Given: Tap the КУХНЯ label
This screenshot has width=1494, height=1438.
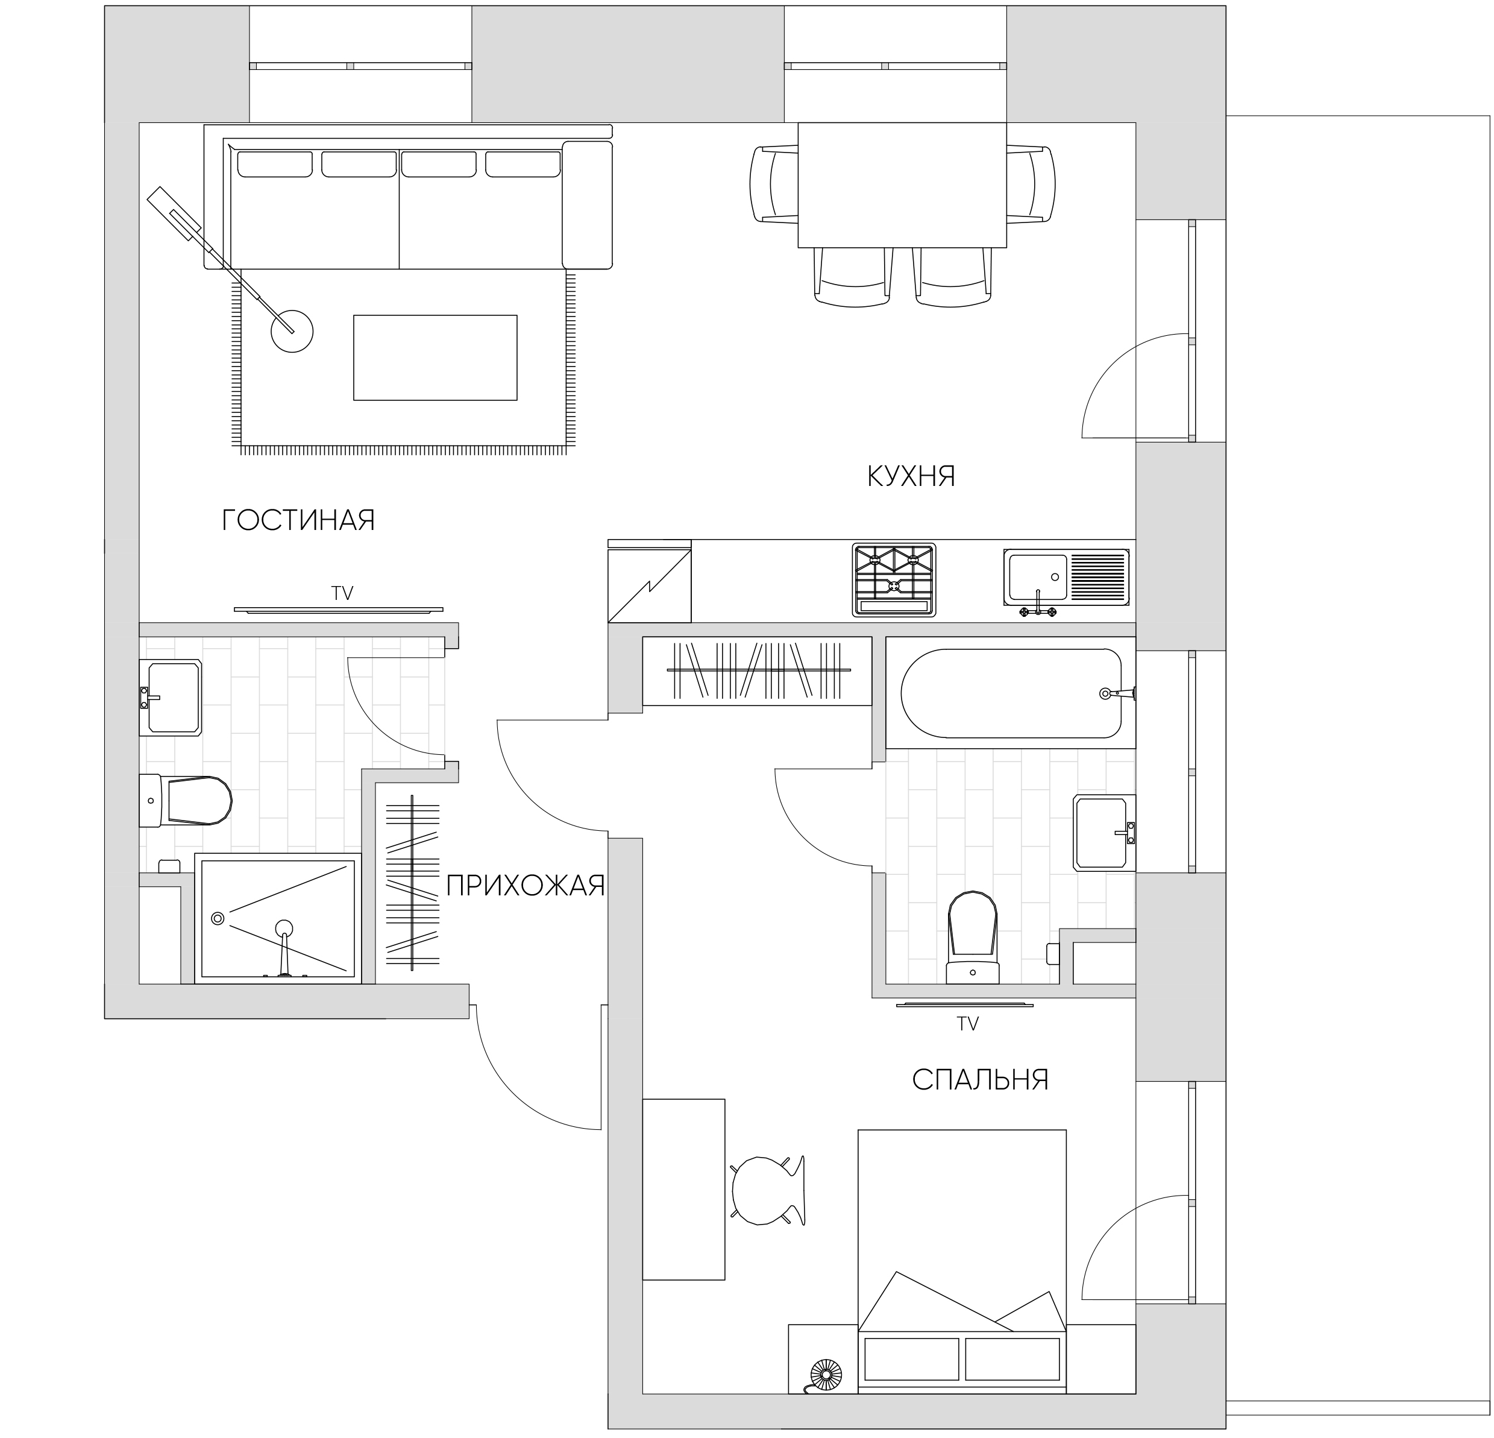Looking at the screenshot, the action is (x=911, y=476).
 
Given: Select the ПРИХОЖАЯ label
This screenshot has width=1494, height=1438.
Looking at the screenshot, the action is (x=525, y=885).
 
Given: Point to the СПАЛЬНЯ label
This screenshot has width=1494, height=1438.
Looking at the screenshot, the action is (x=981, y=1080).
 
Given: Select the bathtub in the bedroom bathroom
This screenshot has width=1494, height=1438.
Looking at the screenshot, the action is (x=1011, y=693).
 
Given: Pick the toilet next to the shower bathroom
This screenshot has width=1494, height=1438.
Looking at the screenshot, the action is (x=184, y=801).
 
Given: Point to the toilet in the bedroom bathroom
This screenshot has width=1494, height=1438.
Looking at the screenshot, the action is (x=973, y=937).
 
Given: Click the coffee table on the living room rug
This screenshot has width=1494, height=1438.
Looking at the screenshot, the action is (x=435, y=358).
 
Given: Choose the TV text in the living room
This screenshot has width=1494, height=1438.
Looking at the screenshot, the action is (x=342, y=593).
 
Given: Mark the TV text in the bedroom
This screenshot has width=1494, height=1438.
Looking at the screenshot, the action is (x=967, y=1024).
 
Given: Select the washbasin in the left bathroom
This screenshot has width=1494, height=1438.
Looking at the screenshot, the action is (x=170, y=698).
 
